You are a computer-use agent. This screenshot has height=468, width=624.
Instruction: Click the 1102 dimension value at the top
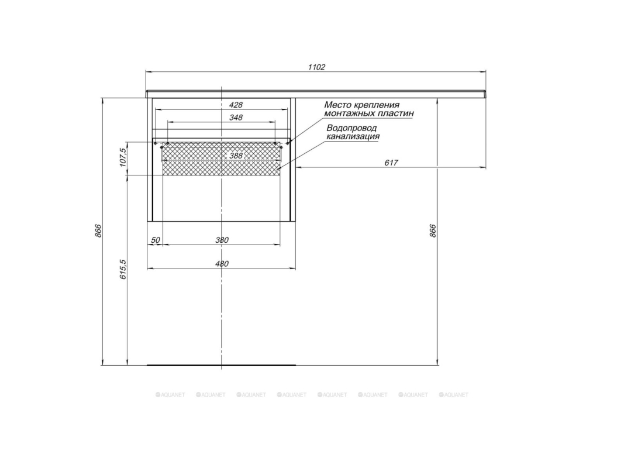click(316, 67)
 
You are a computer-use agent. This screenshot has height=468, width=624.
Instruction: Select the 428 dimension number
click(236, 105)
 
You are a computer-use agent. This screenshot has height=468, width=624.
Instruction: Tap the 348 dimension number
click(236, 118)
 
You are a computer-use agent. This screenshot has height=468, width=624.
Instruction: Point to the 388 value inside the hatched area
click(236, 155)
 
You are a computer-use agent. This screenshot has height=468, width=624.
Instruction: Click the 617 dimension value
click(391, 163)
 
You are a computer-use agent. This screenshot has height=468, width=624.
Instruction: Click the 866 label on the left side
click(98, 231)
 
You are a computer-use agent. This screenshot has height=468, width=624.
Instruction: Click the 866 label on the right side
click(433, 231)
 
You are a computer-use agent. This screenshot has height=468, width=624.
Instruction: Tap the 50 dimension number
click(155, 240)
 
